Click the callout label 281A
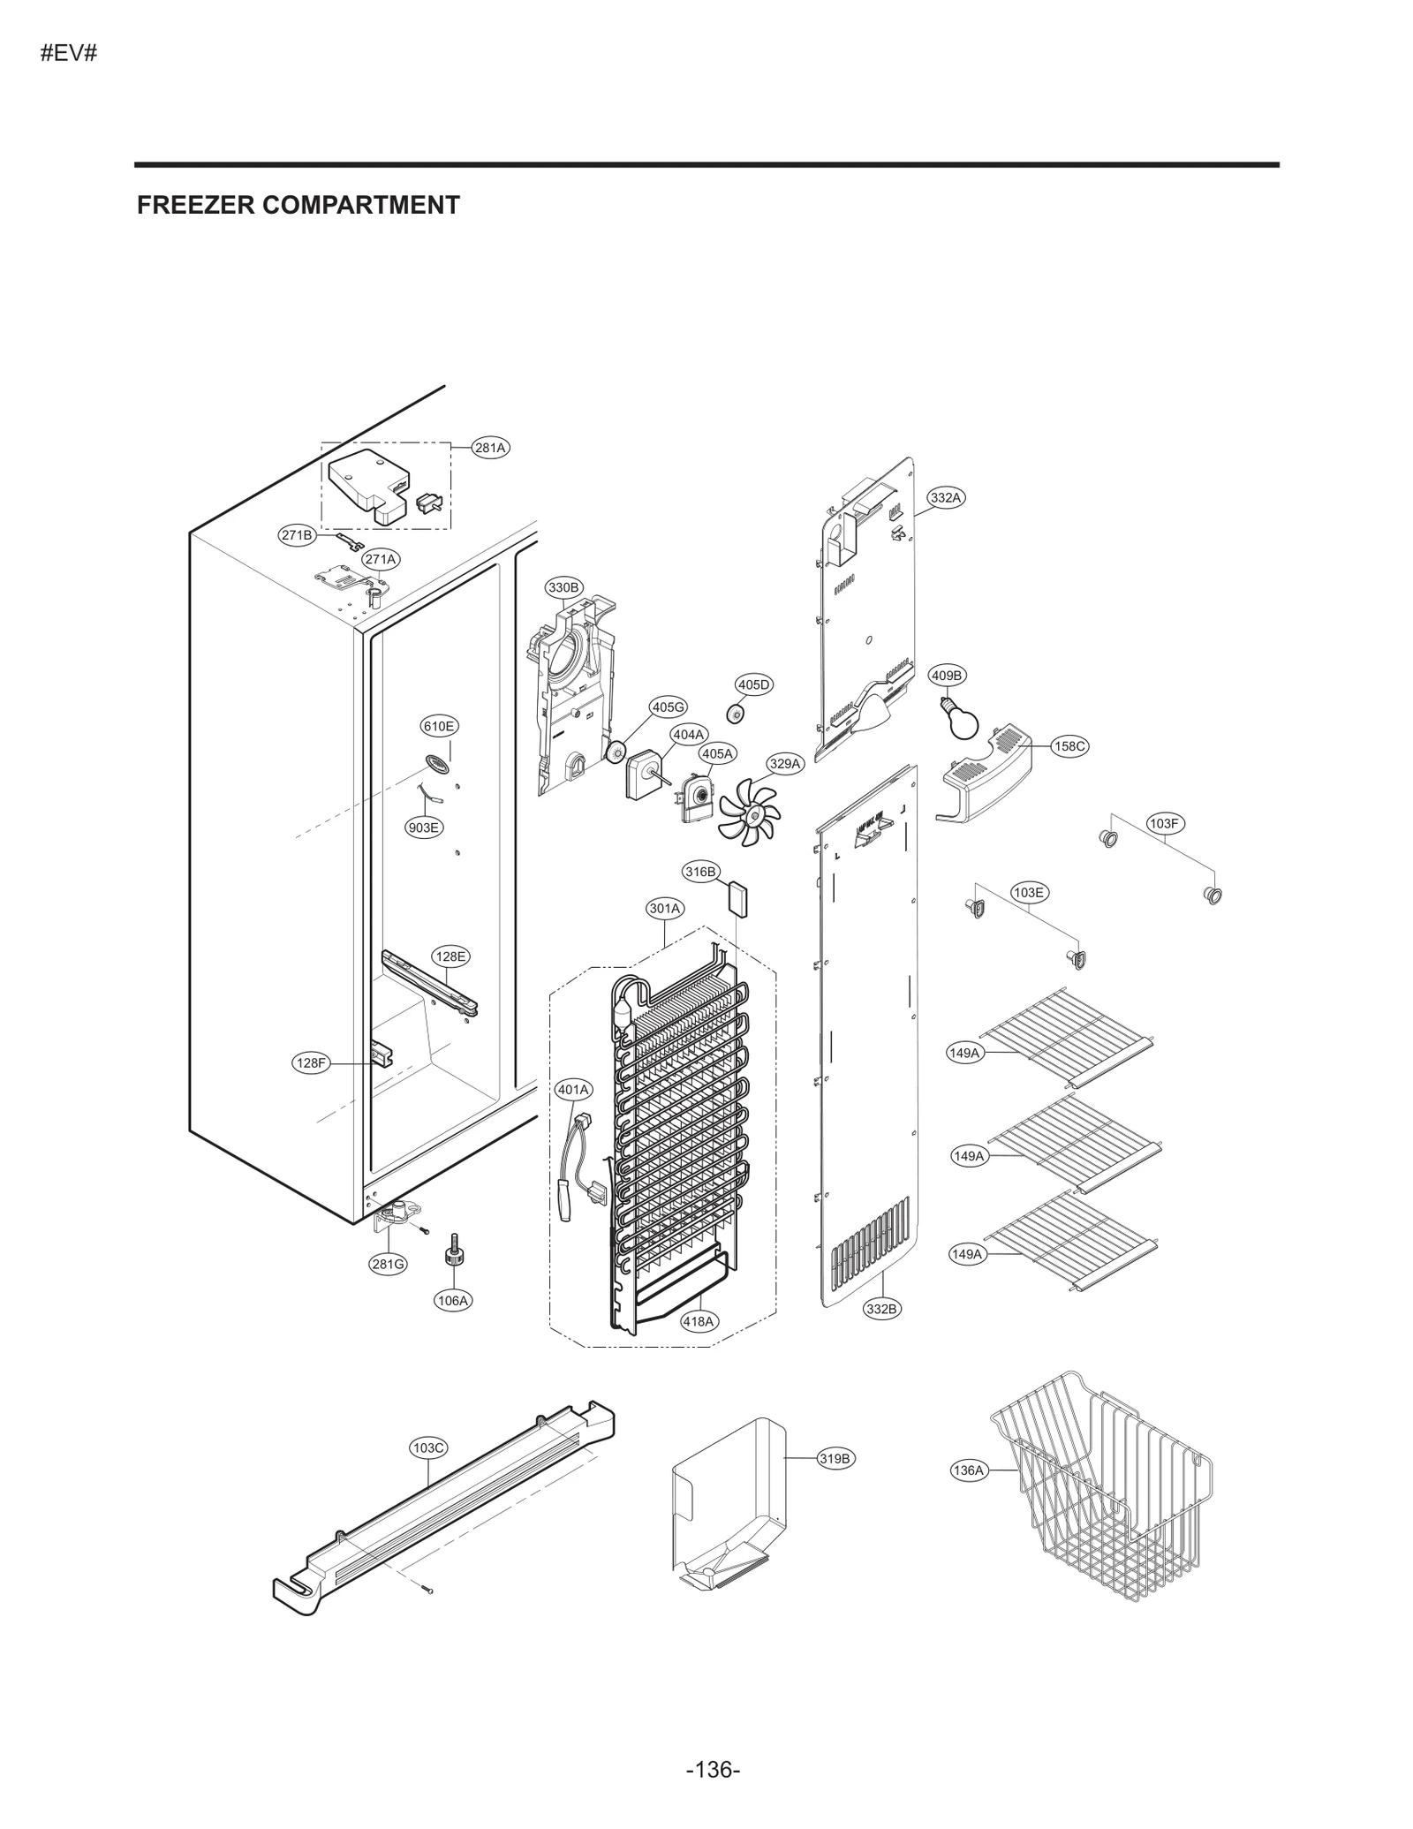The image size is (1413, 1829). (490, 448)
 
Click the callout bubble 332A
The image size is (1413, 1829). (945, 497)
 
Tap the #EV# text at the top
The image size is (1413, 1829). (68, 53)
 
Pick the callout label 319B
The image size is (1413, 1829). (835, 1458)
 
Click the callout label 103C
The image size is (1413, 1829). (428, 1447)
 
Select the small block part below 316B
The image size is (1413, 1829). (737, 899)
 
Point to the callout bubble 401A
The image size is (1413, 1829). (573, 1090)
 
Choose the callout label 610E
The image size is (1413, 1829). (438, 726)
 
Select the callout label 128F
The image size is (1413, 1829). (311, 1063)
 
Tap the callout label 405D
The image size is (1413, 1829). (754, 684)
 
